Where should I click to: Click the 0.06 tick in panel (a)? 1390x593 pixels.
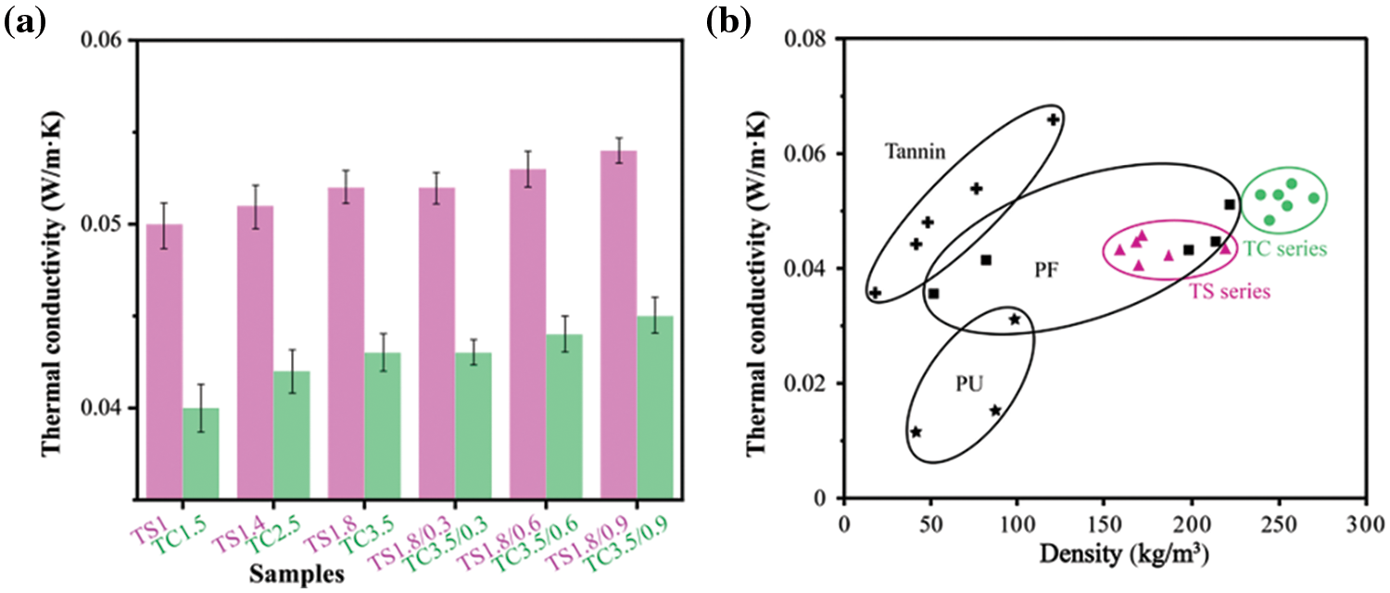click(104, 41)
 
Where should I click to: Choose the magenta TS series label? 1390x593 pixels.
click(1229, 291)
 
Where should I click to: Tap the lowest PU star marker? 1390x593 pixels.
click(916, 432)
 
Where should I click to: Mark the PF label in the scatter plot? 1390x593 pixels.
click(1046, 271)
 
